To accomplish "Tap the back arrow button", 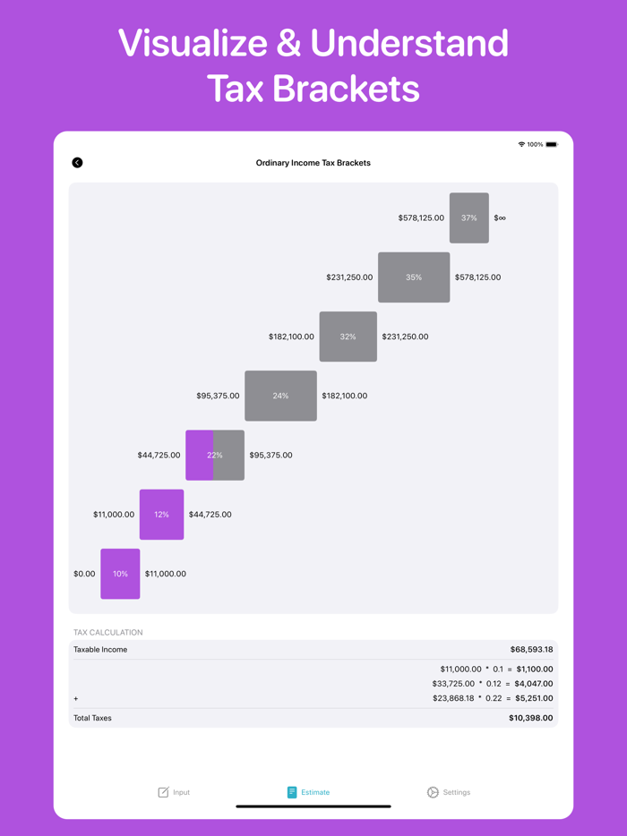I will click(77, 163).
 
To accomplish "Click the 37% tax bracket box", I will click(469, 218).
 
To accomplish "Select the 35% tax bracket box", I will click(414, 277).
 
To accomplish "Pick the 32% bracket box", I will click(348, 337).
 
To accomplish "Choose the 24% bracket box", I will click(280, 396).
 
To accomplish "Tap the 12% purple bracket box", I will click(161, 515).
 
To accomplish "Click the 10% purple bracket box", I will click(120, 574).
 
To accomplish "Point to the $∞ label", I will click(500, 218).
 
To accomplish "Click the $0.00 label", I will click(84, 574).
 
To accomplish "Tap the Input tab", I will click(174, 792).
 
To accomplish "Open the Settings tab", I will click(449, 792).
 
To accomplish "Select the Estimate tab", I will click(308, 792).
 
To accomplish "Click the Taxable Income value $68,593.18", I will click(531, 650).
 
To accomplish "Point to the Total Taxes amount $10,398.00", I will click(530, 718).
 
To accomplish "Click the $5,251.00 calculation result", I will click(535, 698).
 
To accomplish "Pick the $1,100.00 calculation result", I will click(535, 669).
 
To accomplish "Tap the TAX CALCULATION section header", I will click(107, 632).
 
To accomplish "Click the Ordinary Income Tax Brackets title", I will click(313, 163).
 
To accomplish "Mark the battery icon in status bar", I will click(552, 144).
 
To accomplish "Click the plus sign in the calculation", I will click(76, 698).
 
